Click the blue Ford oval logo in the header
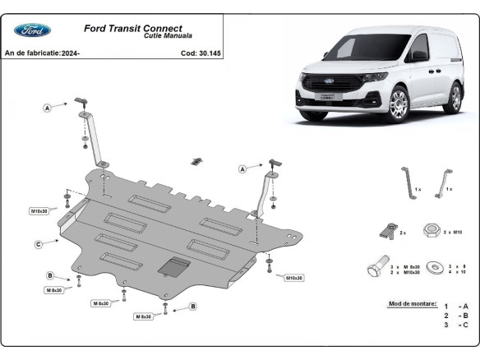click(32, 30)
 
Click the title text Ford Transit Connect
click(133, 28)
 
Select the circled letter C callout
click(38, 244)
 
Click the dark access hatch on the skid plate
click(176, 265)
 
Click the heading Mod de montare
click(410, 304)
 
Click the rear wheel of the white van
click(452, 96)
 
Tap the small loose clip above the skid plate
click(196, 160)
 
